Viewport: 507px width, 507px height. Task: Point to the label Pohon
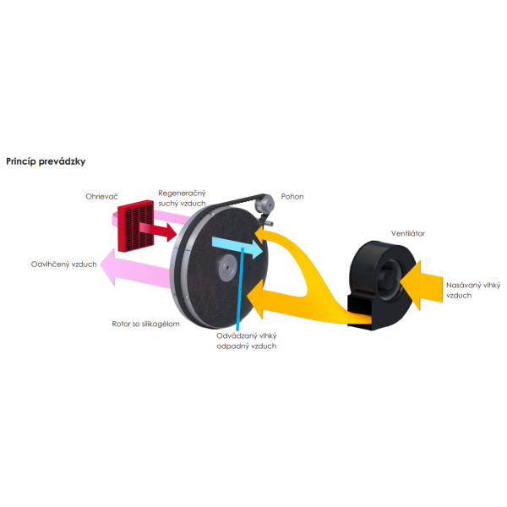point(292,197)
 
